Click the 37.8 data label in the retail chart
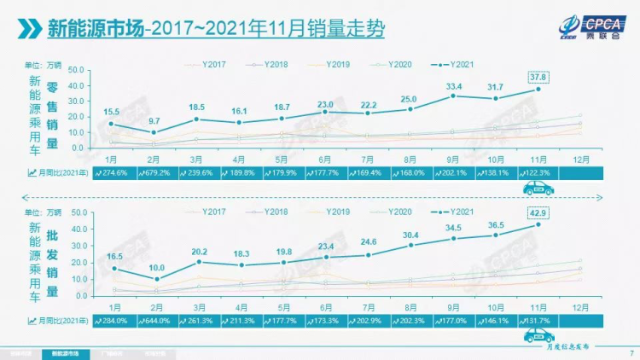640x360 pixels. [x=538, y=74]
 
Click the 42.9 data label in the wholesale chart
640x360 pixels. [x=538, y=212]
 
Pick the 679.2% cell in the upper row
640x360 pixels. [x=153, y=171]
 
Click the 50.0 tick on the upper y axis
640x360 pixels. [x=73, y=70]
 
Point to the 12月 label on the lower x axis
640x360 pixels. [x=581, y=305]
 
